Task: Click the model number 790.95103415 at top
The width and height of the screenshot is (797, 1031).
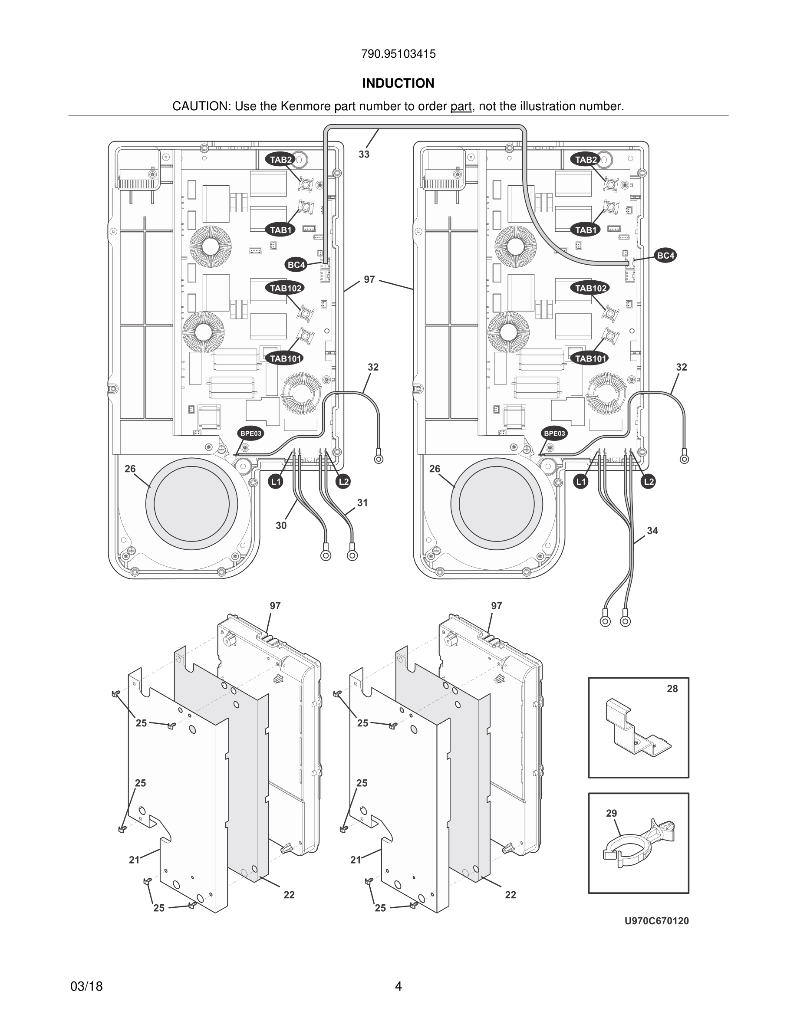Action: click(398, 54)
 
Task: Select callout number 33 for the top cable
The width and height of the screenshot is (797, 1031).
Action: click(364, 154)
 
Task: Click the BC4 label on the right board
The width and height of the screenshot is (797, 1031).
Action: click(665, 256)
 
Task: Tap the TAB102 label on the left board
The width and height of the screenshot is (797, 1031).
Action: click(285, 288)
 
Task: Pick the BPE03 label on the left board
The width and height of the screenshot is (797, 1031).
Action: click(250, 433)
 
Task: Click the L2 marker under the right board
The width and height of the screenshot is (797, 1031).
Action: click(649, 482)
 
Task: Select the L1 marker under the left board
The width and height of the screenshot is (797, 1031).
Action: click(276, 482)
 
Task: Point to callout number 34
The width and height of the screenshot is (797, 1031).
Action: click(652, 531)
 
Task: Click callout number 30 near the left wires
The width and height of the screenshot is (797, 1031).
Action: click(281, 525)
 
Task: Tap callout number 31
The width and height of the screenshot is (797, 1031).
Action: click(362, 503)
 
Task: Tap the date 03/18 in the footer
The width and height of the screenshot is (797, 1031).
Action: click(86, 986)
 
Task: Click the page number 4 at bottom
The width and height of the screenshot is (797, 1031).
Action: click(398, 986)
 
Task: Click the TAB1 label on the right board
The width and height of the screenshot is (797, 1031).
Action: click(586, 230)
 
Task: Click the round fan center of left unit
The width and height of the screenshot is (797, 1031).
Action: click(192, 504)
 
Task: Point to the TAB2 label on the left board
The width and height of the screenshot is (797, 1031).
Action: click(280, 160)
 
